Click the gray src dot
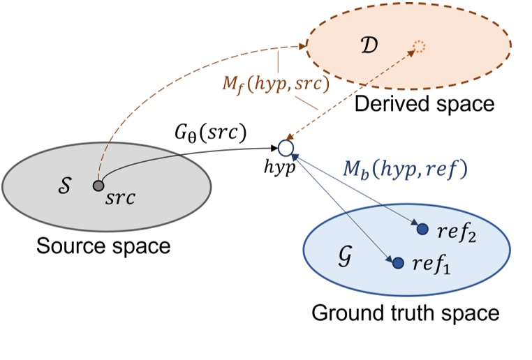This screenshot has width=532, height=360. click(98, 186)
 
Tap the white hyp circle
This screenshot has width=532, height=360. click(284, 148)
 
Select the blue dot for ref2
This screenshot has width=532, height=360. click(422, 229)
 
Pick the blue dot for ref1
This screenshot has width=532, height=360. click(398, 263)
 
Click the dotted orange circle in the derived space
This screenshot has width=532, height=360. click(418, 47)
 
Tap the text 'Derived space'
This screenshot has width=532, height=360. click(424, 105)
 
